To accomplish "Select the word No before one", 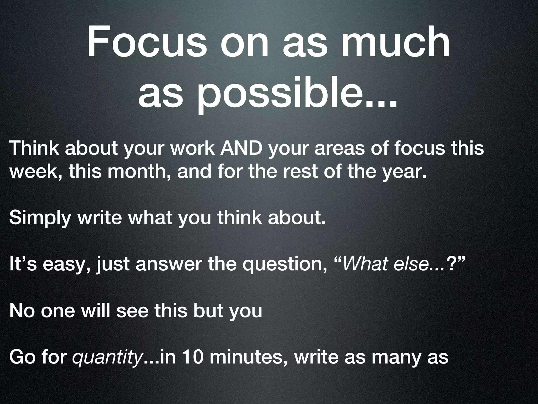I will (22, 311).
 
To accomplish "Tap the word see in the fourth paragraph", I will (133, 311).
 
